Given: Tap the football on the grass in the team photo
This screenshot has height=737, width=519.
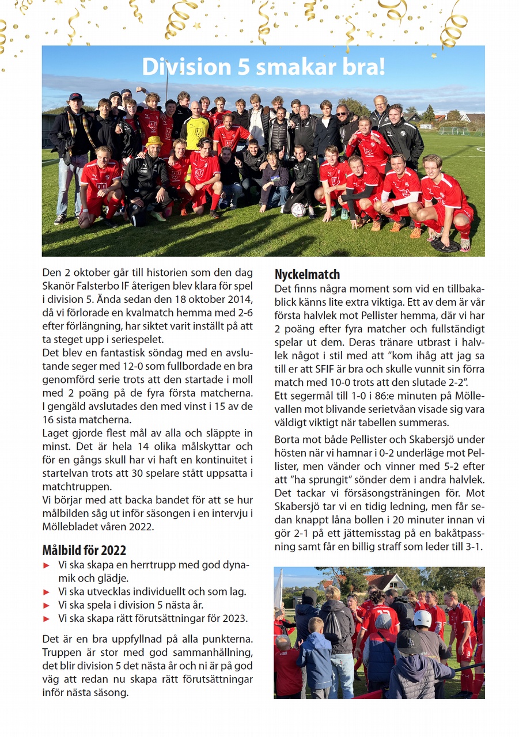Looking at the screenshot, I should click(x=298, y=210).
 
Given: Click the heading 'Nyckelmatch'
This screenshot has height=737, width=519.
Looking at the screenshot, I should click(x=307, y=274).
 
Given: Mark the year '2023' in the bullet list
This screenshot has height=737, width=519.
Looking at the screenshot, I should click(x=234, y=618).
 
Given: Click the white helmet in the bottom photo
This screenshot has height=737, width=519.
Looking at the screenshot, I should click(x=422, y=618).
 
